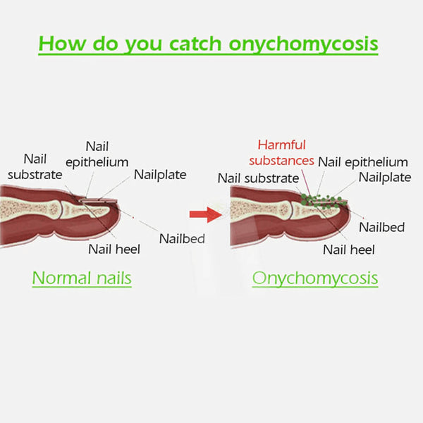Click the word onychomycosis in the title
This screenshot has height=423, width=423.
click(x=303, y=44)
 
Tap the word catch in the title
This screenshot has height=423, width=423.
click(x=195, y=44)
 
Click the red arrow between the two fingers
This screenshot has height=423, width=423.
click(x=206, y=215)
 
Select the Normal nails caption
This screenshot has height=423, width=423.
click(x=82, y=278)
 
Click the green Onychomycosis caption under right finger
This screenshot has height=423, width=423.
click(x=315, y=278)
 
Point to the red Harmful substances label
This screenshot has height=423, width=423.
click(x=281, y=153)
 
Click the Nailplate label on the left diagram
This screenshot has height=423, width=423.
click(x=160, y=175)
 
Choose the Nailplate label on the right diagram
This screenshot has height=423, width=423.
click(x=385, y=178)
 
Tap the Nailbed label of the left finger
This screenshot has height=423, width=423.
click(x=182, y=239)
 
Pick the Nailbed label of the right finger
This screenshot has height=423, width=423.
click(x=381, y=227)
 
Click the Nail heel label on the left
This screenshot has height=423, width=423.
click(x=114, y=249)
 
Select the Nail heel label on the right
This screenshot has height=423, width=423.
click(x=349, y=250)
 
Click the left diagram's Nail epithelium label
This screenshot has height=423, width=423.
click(x=97, y=154)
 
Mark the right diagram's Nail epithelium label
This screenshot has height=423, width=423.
click(x=363, y=162)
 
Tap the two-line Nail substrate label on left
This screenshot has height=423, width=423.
click(x=35, y=166)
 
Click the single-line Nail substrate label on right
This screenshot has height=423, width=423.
click(x=259, y=178)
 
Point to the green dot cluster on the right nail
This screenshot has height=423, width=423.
click(x=323, y=201)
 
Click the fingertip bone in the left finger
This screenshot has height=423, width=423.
click(x=84, y=209)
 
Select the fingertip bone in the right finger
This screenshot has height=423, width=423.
click(x=314, y=210)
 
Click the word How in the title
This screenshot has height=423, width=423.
click(x=63, y=44)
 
